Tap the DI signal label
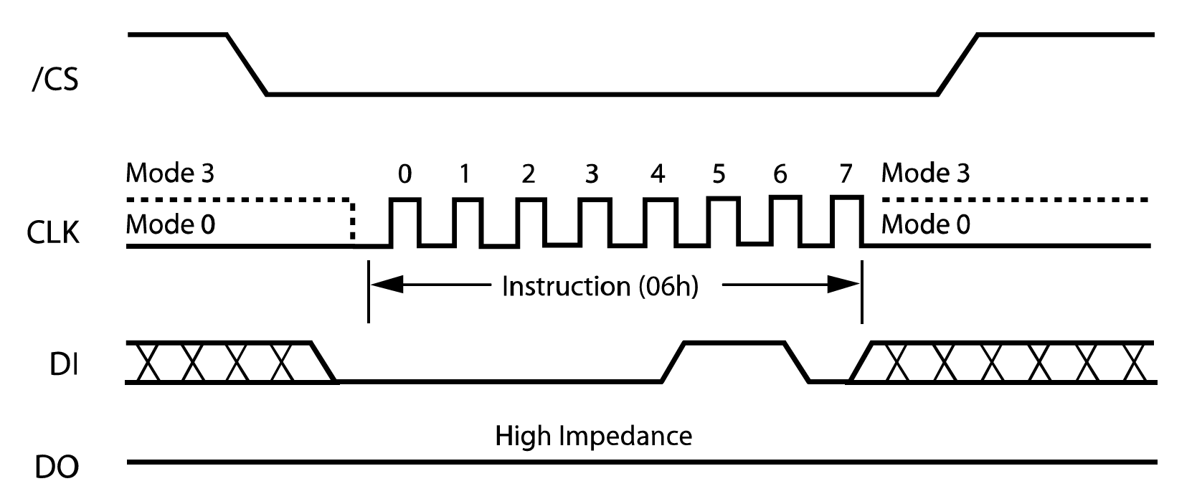point(64,366)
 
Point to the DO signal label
point(57,467)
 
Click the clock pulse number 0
point(404,174)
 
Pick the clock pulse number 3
point(591,174)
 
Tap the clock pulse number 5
point(719,174)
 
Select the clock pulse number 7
point(846,174)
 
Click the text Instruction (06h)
point(600,287)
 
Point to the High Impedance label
point(593,436)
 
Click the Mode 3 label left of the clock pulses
point(170,173)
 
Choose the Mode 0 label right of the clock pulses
point(925,224)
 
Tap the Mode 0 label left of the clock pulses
point(170,224)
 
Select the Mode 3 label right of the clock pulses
point(925,173)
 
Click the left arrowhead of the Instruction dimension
point(384,285)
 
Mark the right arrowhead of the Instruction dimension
point(845,285)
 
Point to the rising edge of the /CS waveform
point(957,64)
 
